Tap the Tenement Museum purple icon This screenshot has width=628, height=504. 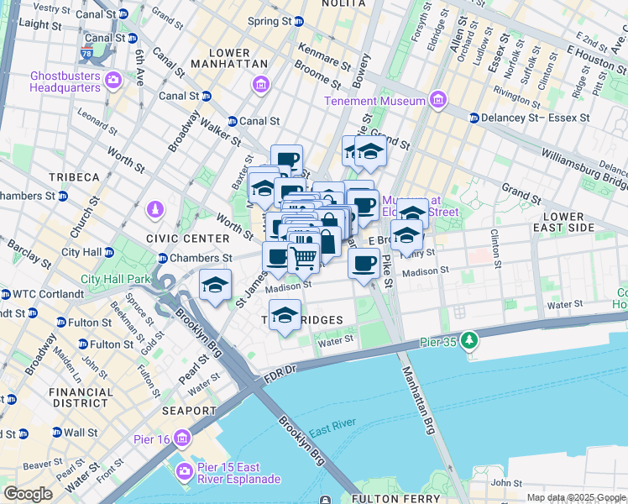tap(437, 101)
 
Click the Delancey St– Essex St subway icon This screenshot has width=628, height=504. tap(474, 118)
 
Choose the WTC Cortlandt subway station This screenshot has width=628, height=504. tap(7, 295)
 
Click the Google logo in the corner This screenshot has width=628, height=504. tap(28, 494)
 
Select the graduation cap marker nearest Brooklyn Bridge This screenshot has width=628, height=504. tap(216, 286)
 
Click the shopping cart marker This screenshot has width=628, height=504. tap(304, 260)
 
